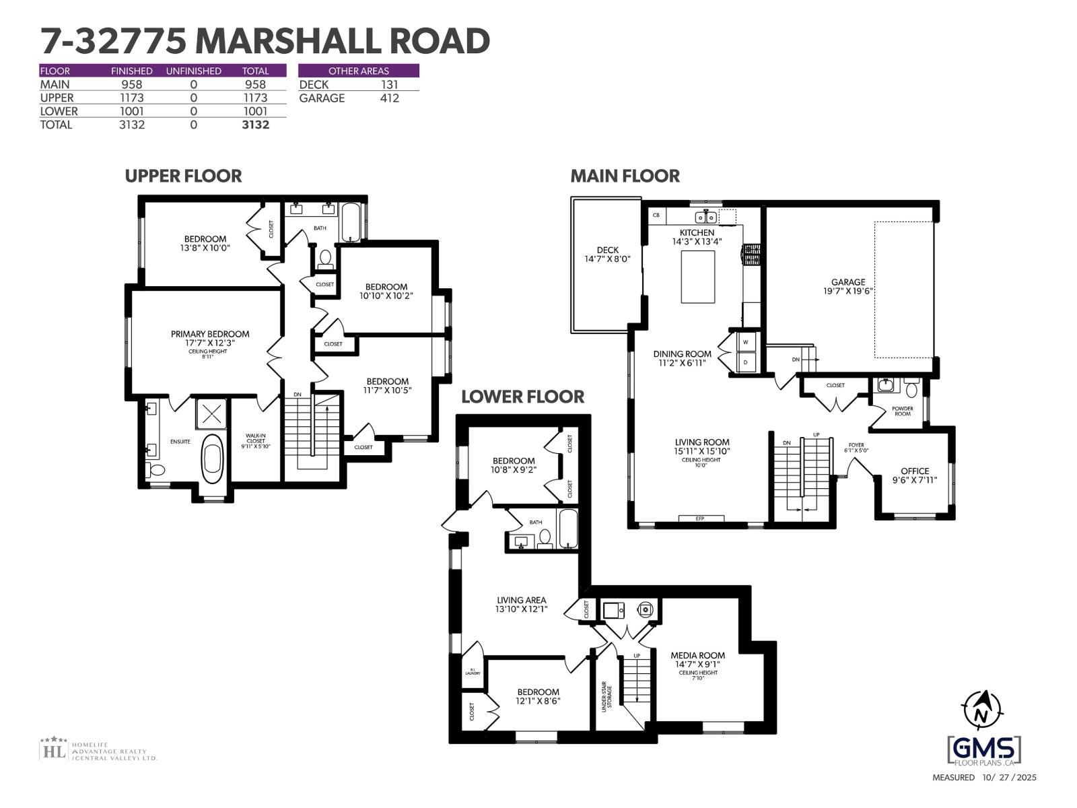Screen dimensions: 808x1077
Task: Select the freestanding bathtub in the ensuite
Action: pyautogui.click(x=213, y=458)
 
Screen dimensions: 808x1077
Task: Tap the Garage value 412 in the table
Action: pyautogui.click(x=389, y=98)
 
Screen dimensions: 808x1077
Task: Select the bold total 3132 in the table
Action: pyautogui.click(x=255, y=125)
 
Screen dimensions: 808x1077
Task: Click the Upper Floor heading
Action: pyautogui.click(x=183, y=176)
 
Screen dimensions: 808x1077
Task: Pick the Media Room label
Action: pyautogui.click(x=697, y=655)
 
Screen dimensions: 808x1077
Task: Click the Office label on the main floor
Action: pyautogui.click(x=915, y=471)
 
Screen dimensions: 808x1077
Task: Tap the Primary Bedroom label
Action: pyautogui.click(x=210, y=334)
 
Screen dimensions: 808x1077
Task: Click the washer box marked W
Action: pyautogui.click(x=745, y=342)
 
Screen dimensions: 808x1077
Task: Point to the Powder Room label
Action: pyautogui.click(x=903, y=411)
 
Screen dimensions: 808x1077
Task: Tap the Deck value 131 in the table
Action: pyautogui.click(x=389, y=85)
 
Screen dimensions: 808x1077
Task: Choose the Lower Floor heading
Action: pyautogui.click(x=522, y=397)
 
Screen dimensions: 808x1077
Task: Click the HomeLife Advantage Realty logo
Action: pyautogui.click(x=98, y=749)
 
